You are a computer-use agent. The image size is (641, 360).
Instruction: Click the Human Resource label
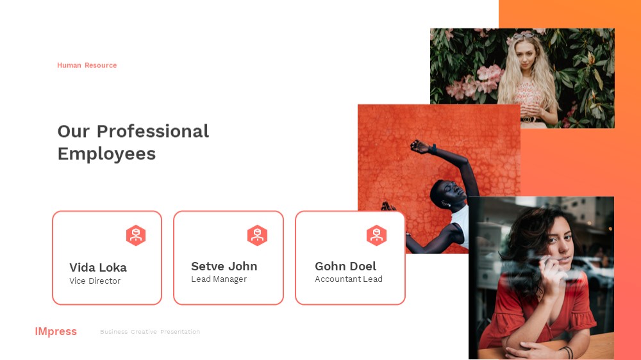[87, 65]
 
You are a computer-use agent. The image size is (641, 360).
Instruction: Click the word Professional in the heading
[153, 131]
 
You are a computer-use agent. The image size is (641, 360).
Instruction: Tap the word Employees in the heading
[106, 154]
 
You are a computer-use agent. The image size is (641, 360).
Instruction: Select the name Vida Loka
[98, 268]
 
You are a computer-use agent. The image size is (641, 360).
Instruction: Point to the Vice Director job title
[95, 281]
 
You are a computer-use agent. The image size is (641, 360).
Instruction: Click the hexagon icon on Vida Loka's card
[136, 235]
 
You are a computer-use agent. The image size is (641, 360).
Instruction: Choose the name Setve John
[224, 266]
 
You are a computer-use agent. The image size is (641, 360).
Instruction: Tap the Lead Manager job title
[219, 279]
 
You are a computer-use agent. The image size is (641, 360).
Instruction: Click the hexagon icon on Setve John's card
[257, 235]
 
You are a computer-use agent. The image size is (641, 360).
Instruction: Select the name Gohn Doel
[345, 266]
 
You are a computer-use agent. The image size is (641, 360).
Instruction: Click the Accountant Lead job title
[349, 279]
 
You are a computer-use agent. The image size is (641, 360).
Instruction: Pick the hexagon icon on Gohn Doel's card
[376, 235]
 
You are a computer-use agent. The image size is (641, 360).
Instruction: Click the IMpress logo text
[56, 331]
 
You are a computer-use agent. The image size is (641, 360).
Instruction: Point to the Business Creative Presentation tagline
[150, 332]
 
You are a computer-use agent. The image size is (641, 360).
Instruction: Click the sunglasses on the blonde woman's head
[524, 35]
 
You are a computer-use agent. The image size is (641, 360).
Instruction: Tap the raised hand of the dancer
[419, 146]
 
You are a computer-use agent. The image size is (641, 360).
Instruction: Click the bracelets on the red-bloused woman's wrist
[568, 352]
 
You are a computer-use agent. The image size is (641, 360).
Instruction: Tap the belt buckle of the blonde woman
[528, 119]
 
